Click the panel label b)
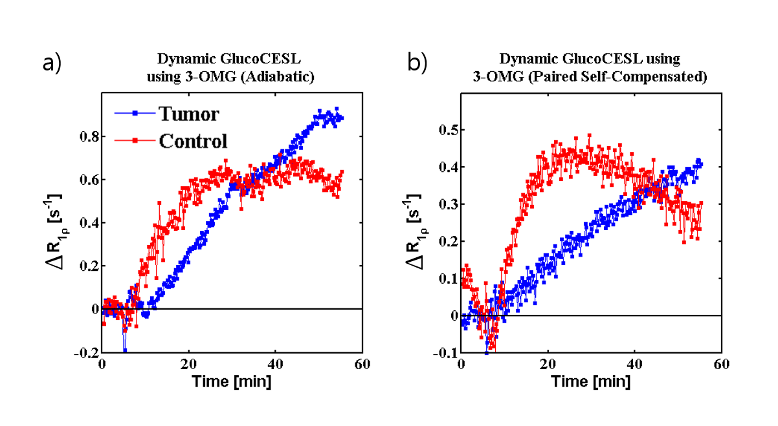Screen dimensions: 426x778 pos(417,63)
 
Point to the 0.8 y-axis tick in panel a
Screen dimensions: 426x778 pos(89,136)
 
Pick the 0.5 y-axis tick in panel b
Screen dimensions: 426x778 pos(447,130)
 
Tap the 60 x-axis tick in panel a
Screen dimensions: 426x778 pos(362,364)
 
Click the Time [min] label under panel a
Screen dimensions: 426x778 pos(232,381)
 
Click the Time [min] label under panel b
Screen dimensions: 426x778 pos(590,381)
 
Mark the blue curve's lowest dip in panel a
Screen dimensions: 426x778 pos(124,350)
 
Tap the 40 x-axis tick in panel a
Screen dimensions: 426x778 pos(275,364)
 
